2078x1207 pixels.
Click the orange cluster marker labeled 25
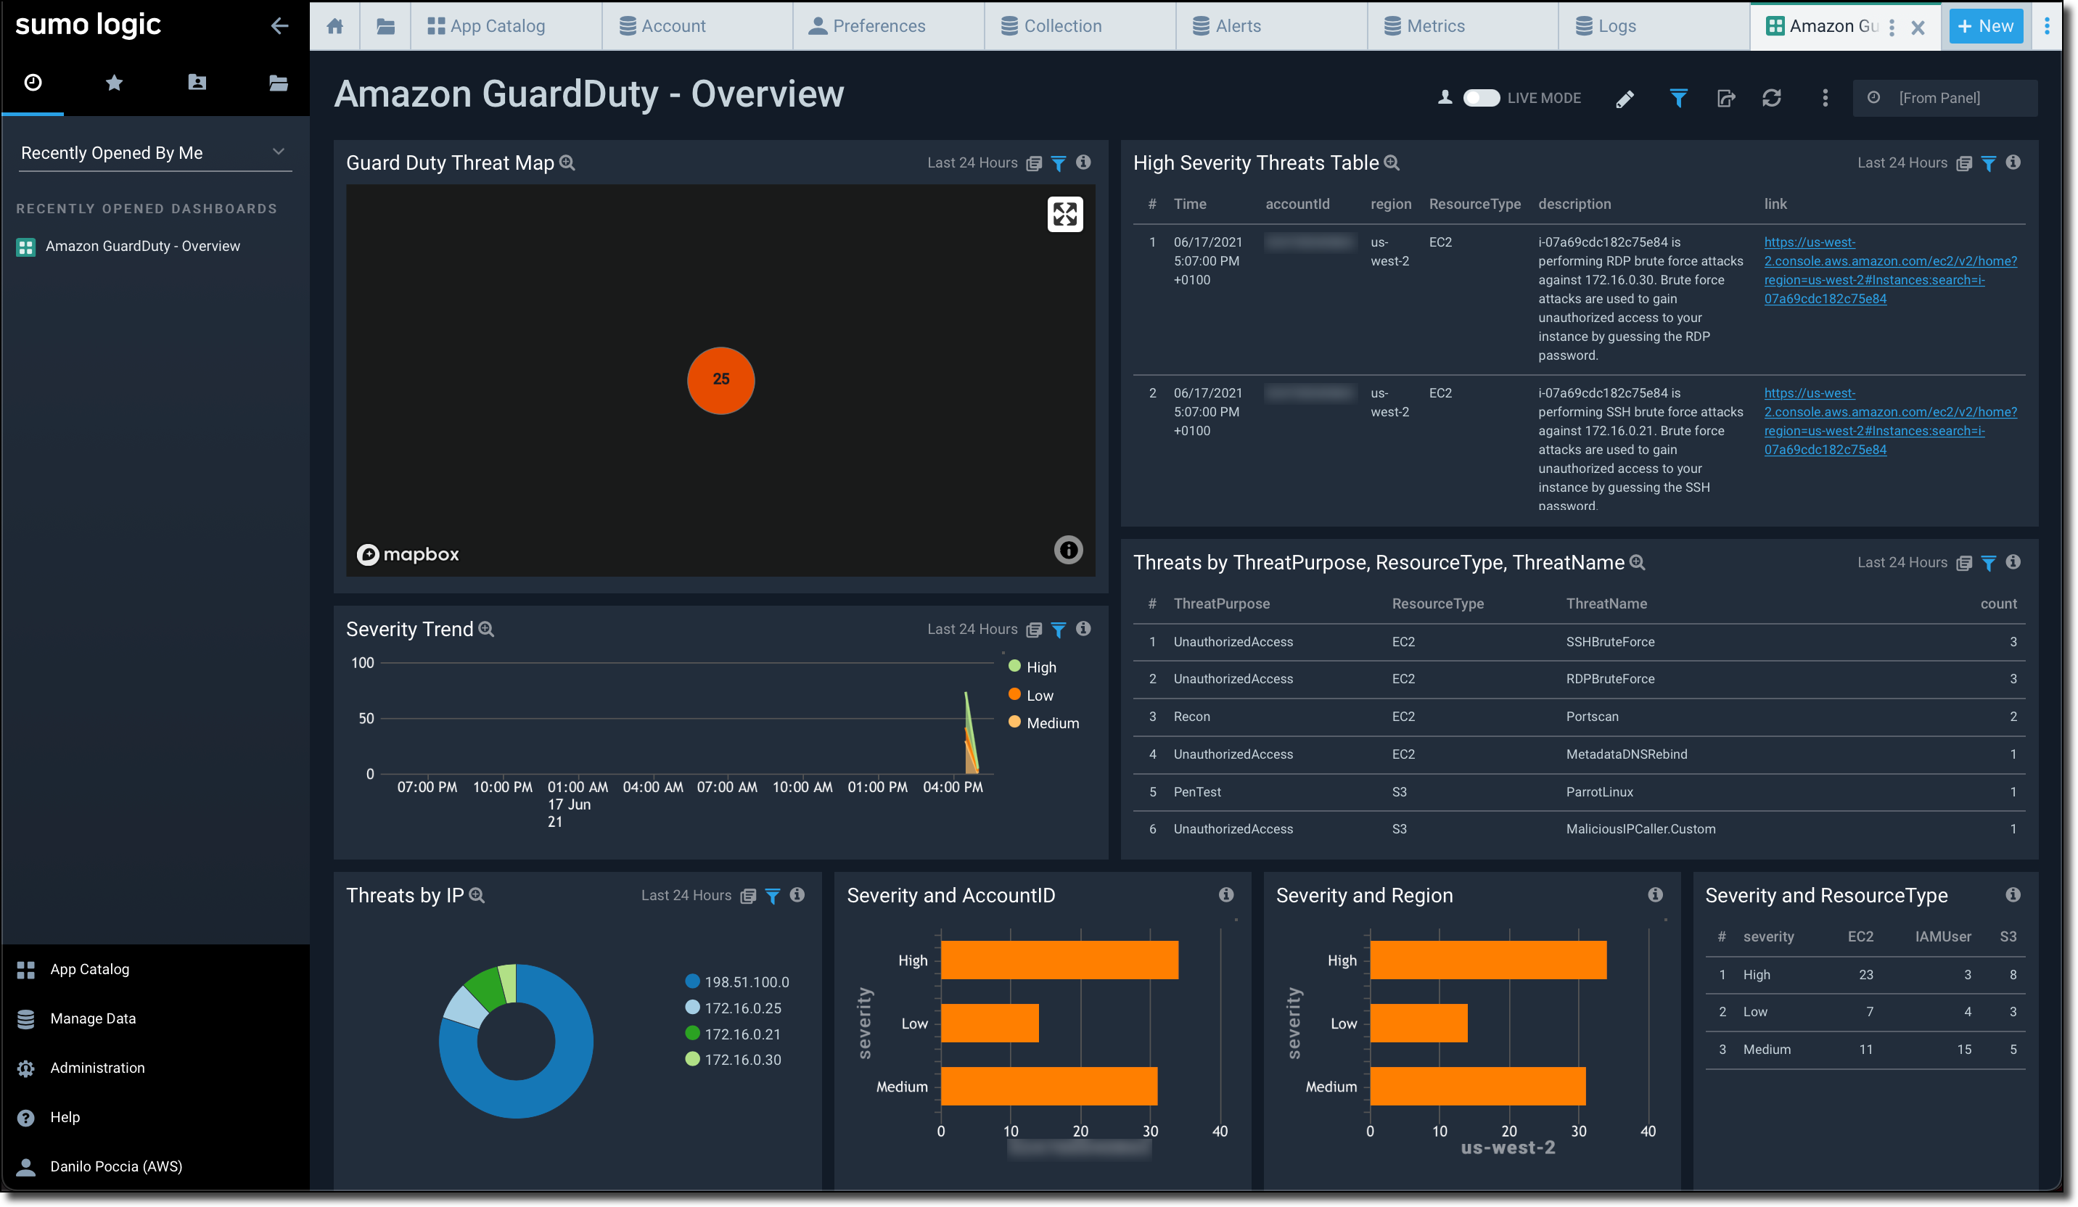click(720, 380)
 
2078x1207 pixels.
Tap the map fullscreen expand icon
click(1064, 215)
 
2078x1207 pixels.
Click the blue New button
click(1985, 25)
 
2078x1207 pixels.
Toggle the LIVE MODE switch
click(1481, 98)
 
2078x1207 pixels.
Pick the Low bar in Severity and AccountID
click(990, 1023)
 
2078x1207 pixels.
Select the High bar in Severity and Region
click(1487, 960)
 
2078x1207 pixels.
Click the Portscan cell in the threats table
click(1591, 717)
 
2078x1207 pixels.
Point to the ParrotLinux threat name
click(1599, 791)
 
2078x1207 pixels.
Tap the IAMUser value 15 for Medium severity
click(1963, 1050)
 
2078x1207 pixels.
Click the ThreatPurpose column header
click(1221, 603)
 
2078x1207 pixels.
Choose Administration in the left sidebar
click(97, 1068)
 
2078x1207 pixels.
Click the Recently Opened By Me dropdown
click(155, 152)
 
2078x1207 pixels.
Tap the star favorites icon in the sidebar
click(115, 83)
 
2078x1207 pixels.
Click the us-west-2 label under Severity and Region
click(1508, 1148)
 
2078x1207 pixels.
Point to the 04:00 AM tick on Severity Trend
click(652, 787)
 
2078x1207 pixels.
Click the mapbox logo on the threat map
click(408, 554)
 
